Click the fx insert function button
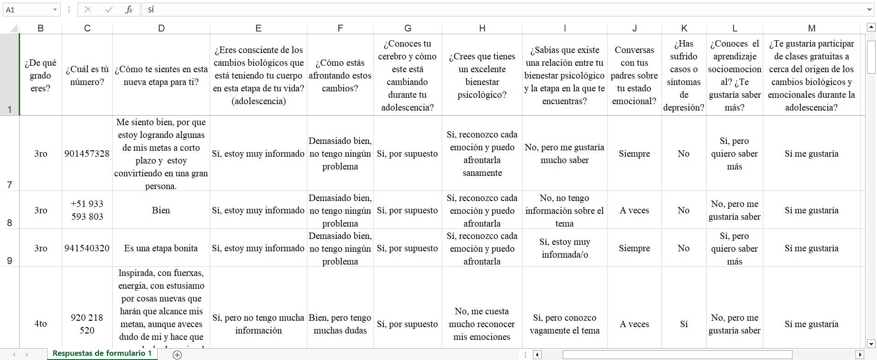coord(129,10)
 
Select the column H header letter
coord(482,28)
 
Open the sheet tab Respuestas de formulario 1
coord(102,353)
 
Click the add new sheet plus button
coord(177,355)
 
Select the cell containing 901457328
coord(87,154)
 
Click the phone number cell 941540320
coord(87,248)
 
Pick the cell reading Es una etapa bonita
coord(161,248)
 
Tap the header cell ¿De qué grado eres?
coord(41,75)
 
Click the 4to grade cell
coord(41,323)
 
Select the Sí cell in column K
coord(683,324)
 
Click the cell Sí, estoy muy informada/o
coord(565,248)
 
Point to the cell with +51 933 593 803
coord(87,210)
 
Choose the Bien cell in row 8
coord(161,210)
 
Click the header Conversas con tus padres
coord(634,75)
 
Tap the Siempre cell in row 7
coord(634,154)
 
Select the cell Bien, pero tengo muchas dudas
coord(340,324)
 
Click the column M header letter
coord(811,28)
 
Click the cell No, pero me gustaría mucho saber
coord(565,154)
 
